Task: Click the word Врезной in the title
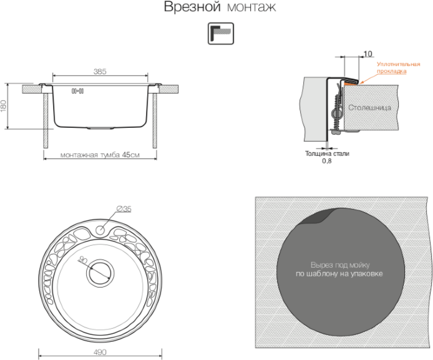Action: pos(192,7)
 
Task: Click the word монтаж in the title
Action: pos(251,7)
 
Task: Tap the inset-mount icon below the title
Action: pos(221,34)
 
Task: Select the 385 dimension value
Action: pos(100,72)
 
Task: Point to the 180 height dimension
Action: pos(3,105)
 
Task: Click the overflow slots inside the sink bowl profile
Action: pos(77,91)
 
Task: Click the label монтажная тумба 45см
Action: pos(100,155)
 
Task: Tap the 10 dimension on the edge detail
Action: pos(367,54)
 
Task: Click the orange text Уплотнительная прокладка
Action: pos(398,67)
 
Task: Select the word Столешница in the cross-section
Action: pos(369,107)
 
